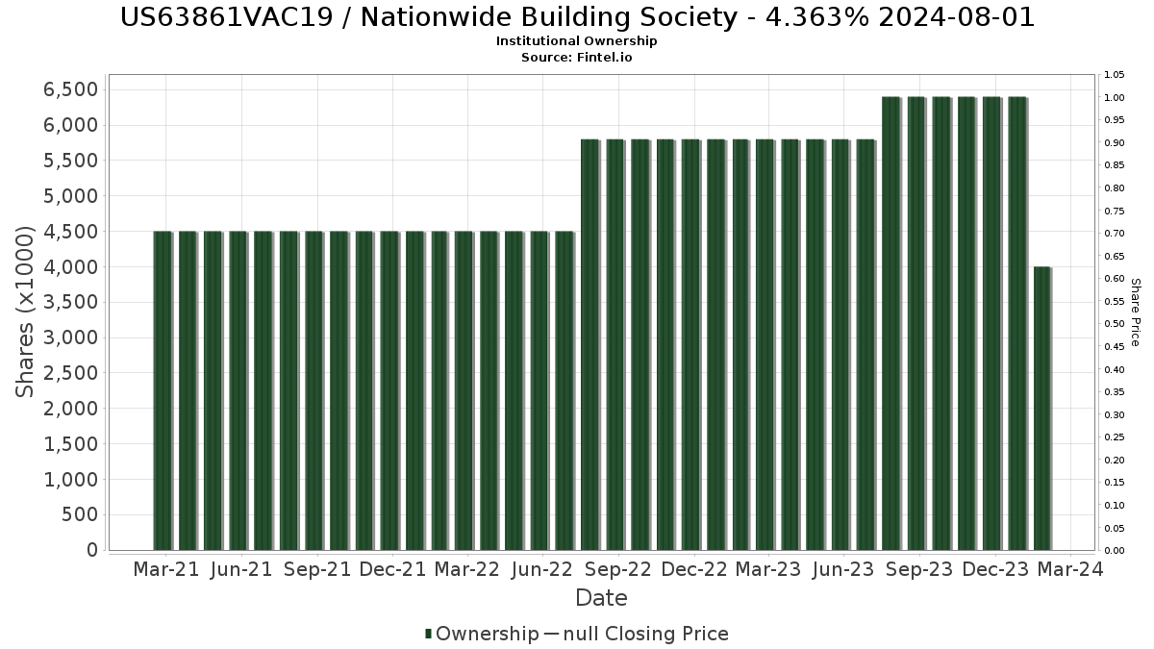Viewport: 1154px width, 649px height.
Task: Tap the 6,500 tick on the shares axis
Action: (71, 89)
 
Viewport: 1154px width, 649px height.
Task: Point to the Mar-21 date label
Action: (166, 569)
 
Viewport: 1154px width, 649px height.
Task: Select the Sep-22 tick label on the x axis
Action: (617, 569)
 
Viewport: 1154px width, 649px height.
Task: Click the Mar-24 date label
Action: (1069, 569)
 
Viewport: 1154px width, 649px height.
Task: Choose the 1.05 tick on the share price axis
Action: (1114, 75)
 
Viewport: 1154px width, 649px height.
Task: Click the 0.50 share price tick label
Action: (1114, 324)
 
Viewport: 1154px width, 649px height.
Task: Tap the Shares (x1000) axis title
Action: (26, 312)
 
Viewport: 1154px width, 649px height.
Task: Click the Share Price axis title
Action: (1135, 312)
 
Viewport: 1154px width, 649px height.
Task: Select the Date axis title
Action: (601, 598)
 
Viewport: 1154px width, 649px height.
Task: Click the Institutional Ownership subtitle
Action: (577, 41)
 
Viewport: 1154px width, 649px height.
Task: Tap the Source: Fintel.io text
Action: (577, 58)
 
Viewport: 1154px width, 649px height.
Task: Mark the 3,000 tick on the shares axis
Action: (71, 337)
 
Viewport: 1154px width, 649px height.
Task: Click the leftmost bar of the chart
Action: (163, 390)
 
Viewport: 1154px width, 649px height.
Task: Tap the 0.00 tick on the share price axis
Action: (1114, 551)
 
